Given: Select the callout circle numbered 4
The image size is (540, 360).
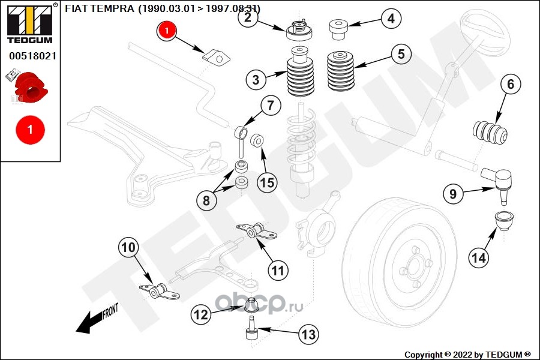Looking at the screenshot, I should (x=391, y=19).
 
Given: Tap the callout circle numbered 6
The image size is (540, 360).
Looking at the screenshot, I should (x=510, y=85).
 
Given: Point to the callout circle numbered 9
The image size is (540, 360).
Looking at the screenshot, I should (x=453, y=194).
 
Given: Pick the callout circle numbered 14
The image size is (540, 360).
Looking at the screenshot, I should (x=478, y=258).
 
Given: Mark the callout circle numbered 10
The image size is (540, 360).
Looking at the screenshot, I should (x=129, y=247).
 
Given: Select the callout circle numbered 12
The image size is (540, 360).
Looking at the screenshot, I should (x=201, y=313).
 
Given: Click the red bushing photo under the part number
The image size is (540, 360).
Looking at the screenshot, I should (x=30, y=87).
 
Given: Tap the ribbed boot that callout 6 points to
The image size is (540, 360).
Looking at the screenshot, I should (x=490, y=133).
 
